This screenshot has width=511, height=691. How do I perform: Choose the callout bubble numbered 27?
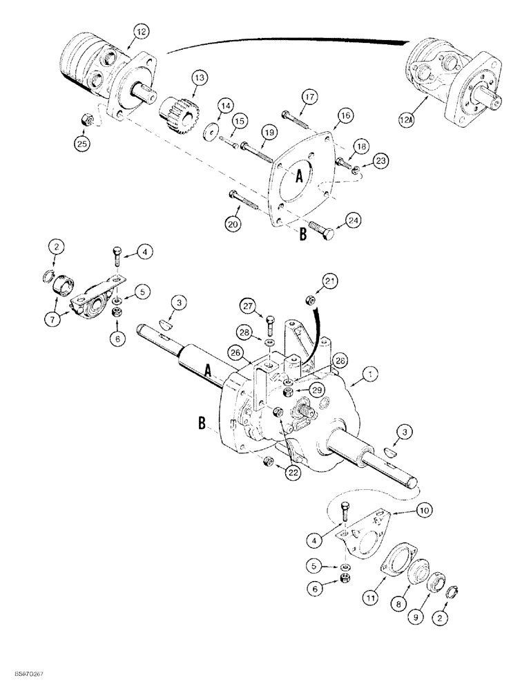[x=249, y=304]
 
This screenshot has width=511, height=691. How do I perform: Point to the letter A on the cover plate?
[x=300, y=177]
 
